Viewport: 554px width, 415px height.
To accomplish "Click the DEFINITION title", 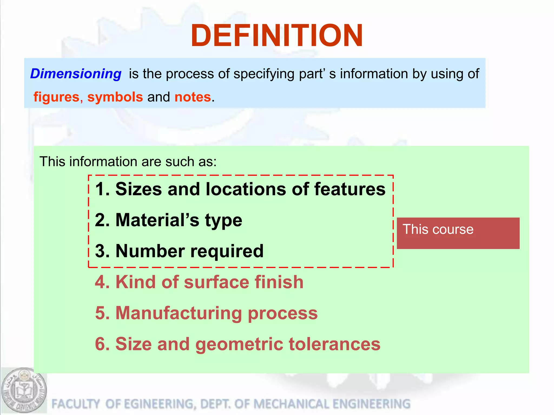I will [x=277, y=36].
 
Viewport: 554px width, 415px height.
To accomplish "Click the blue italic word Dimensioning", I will [x=76, y=74].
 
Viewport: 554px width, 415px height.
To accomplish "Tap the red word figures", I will [x=56, y=97].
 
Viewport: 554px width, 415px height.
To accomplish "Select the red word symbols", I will [x=115, y=97].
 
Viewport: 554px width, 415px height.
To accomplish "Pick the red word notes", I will [x=193, y=97].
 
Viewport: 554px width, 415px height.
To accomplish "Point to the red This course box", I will [x=458, y=233].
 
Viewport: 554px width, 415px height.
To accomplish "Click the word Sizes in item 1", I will [x=138, y=189].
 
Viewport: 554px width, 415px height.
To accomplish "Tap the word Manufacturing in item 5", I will [x=179, y=313].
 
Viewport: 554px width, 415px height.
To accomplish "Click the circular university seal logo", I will [x=24, y=390].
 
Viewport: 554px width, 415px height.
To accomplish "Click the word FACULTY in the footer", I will [x=75, y=404].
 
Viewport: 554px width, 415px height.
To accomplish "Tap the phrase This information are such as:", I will [x=128, y=162].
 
